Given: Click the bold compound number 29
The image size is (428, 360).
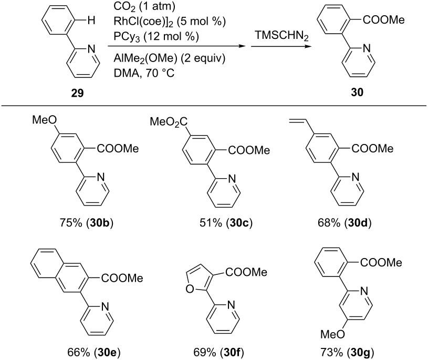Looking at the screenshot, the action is click(78, 94).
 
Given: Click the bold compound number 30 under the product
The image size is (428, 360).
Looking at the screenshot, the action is click(357, 92).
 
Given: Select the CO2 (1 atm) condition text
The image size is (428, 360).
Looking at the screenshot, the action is click(144, 6).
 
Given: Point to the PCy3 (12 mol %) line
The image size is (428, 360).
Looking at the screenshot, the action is click(156, 37).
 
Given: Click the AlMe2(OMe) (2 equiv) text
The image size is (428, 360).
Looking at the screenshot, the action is click(170, 58).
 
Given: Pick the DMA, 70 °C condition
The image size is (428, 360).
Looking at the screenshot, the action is click(144, 73).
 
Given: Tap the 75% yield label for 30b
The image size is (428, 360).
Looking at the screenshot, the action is click(86, 223).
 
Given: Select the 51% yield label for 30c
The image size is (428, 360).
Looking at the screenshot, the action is click(226, 223).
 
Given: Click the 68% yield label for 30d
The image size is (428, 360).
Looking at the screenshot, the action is click(345, 223).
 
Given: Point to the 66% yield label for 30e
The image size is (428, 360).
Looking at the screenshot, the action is click(94, 353).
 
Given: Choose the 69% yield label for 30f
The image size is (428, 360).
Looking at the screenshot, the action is click(218, 353).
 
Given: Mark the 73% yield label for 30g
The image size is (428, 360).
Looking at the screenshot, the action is click(347, 353).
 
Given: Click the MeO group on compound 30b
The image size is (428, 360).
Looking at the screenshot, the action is click(45, 120).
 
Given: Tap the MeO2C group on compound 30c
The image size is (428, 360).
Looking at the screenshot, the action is click(169, 122).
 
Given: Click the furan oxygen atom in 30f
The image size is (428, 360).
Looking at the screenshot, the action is click(189, 289).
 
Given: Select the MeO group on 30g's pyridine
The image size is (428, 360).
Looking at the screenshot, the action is click(333, 334).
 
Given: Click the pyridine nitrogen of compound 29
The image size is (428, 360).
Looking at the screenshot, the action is click(91, 49).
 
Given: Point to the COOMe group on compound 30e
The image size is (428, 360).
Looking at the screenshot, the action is click(122, 279).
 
